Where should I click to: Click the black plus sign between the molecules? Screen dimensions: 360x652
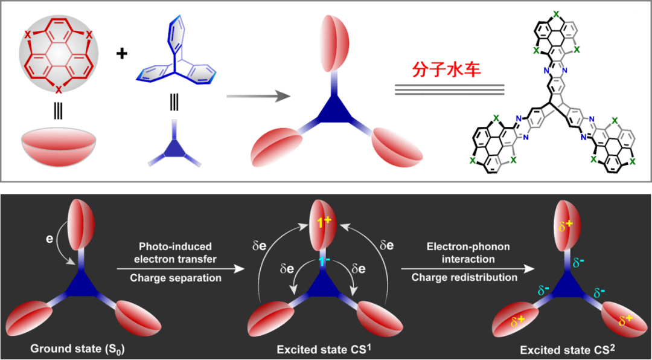pyautogui.click(x=122, y=53)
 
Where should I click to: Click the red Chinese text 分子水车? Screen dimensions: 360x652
pyautogui.click(x=447, y=69)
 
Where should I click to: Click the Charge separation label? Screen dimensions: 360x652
pyautogui.click(x=175, y=278)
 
